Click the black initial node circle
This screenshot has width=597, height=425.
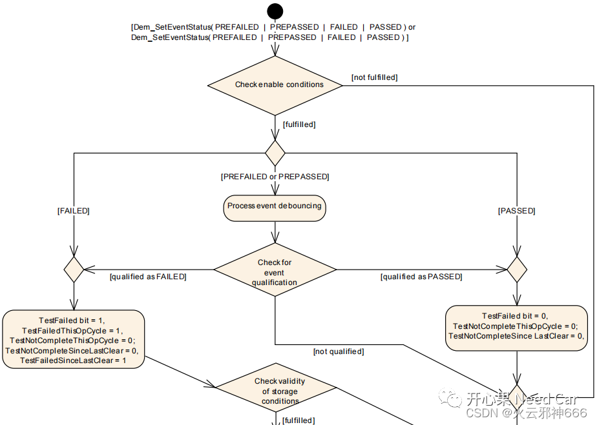[275, 11]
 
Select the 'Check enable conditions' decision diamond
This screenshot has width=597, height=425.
[275, 84]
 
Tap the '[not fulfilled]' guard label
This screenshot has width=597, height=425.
[374, 77]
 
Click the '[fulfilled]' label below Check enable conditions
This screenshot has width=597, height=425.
[298, 124]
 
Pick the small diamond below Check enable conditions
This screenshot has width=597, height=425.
[275, 153]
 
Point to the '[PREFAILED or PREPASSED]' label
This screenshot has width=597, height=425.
[275, 177]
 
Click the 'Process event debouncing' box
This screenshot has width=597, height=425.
[275, 206]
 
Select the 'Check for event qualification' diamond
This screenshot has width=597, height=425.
[275, 270]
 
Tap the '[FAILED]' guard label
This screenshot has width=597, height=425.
[73, 211]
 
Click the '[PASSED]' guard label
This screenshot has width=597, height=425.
[516, 211]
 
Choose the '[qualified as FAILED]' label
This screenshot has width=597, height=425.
[148, 277]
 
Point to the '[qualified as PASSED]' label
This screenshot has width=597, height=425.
[421, 277]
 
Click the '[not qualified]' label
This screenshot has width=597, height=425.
[338, 351]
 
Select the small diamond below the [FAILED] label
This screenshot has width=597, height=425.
[74, 270]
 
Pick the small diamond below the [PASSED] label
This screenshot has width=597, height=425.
[517, 270]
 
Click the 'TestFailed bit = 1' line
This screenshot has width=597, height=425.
[72, 320]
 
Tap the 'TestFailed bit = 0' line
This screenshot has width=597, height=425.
[516, 316]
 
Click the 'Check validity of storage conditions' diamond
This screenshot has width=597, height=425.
[276, 390]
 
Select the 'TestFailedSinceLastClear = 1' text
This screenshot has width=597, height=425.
[72, 361]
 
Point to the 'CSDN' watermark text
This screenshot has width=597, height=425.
[481, 413]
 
